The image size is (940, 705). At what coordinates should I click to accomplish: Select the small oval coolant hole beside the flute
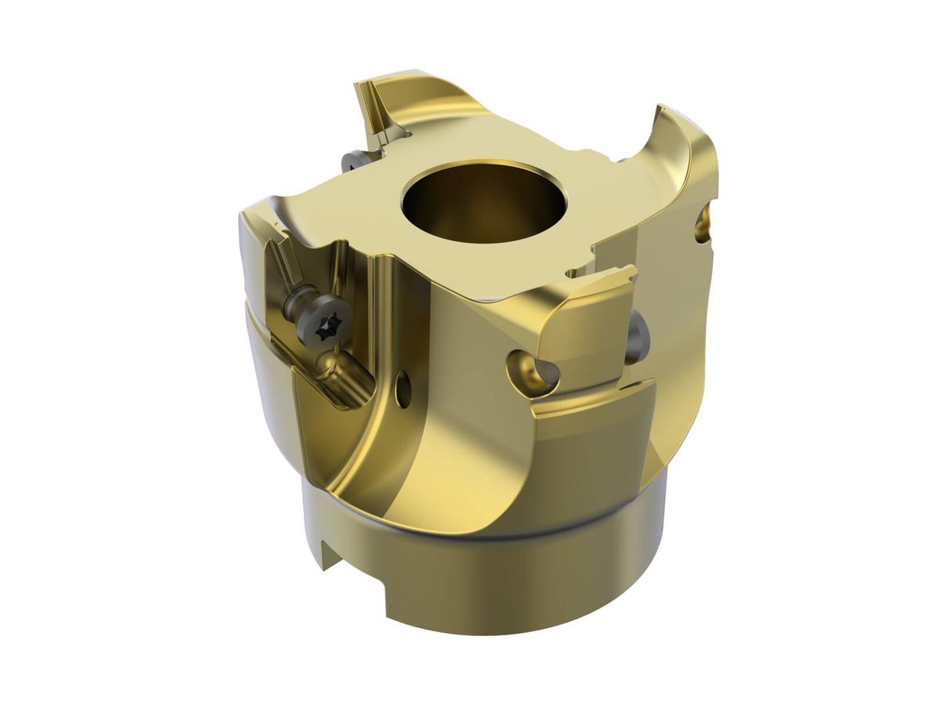tap(403, 389)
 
